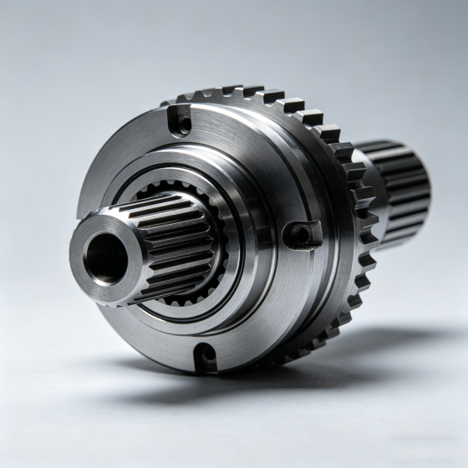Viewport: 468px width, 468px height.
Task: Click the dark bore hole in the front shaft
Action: (106, 258)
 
